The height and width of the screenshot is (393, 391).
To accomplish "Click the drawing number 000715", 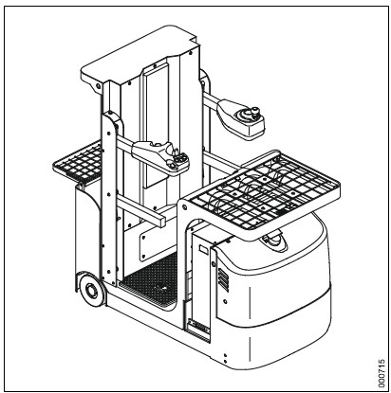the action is tap(382, 372).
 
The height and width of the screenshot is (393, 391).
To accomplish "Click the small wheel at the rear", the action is tap(92, 290).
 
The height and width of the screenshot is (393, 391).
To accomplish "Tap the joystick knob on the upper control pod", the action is tap(253, 112).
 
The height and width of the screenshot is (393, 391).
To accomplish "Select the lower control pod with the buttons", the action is tap(160, 156).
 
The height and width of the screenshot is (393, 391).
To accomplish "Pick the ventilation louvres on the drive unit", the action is tap(223, 279).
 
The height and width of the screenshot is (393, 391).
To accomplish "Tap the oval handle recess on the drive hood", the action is tap(273, 240).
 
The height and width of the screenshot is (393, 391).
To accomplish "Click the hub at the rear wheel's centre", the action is tap(92, 290).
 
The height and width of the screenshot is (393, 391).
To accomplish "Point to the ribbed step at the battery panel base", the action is tap(198, 326).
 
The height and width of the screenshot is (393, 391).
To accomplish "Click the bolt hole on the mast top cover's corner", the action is tap(98, 86).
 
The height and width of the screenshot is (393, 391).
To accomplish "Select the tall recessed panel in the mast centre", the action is tap(155, 126).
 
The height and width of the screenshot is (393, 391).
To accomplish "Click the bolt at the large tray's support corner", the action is tap(184, 207).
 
